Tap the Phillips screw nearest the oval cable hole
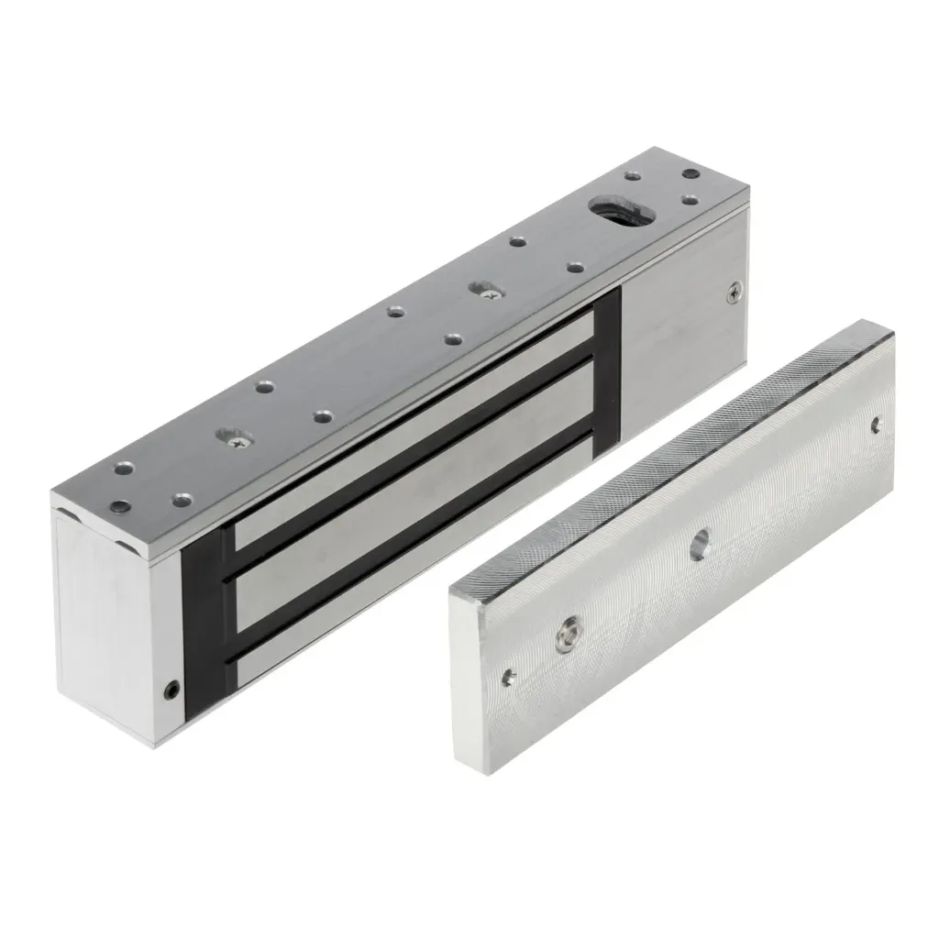487,292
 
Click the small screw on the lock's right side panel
733,293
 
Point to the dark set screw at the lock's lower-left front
171,688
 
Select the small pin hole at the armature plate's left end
508,677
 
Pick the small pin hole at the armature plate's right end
875,425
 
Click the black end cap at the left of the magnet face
206,624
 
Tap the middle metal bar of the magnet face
413,514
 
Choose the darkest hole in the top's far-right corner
690,174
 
